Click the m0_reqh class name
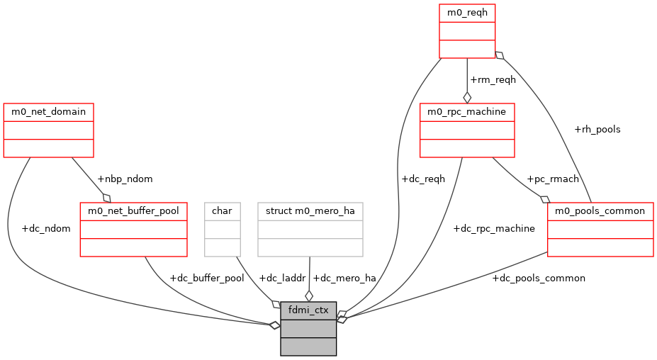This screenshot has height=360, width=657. (467, 13)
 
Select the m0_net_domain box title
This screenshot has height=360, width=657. (48, 112)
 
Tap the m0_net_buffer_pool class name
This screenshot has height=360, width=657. (133, 210)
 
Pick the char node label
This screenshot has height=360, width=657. (223, 210)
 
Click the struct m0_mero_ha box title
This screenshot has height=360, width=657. (310, 210)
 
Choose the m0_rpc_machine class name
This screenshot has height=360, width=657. (467, 112)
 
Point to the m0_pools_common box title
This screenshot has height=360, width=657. (600, 210)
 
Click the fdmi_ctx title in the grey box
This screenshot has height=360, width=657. (308, 310)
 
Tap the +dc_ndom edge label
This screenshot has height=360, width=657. (46, 229)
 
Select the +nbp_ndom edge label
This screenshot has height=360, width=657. (125, 179)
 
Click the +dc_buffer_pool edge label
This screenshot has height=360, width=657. (207, 279)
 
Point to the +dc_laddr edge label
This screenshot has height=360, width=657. (282, 279)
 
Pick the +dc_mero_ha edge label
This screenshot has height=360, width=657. (344, 279)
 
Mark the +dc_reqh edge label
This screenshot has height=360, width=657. (423, 179)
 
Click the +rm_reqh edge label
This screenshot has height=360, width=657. (493, 79)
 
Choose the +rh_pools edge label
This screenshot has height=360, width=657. (597, 130)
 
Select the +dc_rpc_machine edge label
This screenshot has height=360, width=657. (494, 229)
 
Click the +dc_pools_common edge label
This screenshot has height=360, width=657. (539, 279)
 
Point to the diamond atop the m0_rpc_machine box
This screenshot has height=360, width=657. (467, 97)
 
